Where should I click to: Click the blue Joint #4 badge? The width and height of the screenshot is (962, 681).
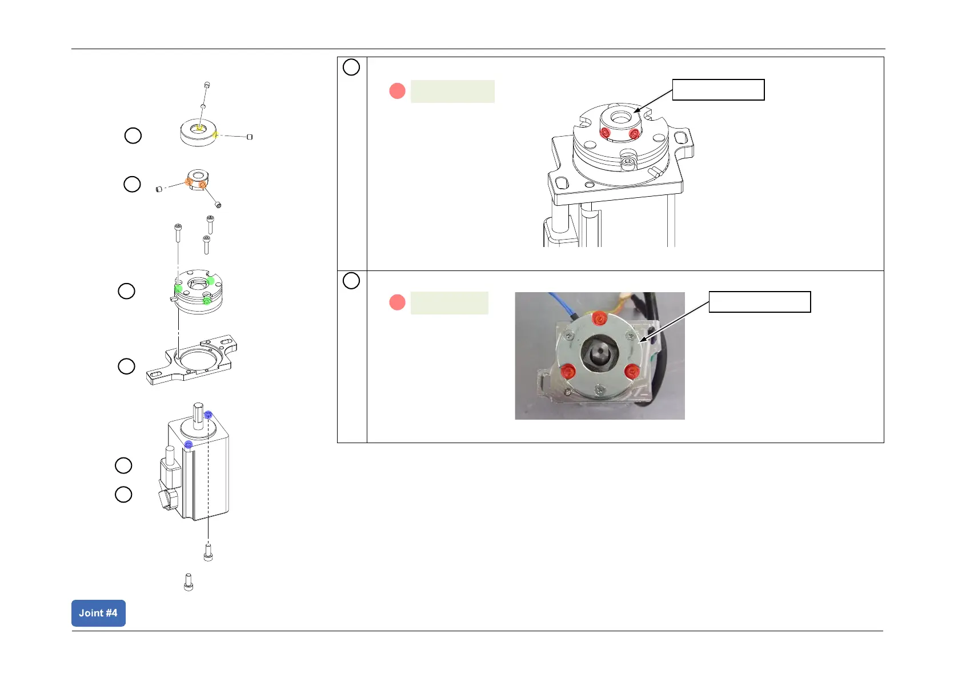coord(98,613)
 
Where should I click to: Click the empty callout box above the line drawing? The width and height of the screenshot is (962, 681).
coord(718,90)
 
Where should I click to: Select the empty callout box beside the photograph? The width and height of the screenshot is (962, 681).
coord(759,302)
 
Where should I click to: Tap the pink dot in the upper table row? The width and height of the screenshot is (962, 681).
coord(397,91)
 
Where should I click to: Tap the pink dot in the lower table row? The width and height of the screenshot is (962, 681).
coord(397,302)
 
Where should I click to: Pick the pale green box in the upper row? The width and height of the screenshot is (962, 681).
coord(452,91)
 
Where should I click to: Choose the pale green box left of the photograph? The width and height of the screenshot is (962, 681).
coord(449,303)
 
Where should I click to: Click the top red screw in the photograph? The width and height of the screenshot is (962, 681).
coord(599,318)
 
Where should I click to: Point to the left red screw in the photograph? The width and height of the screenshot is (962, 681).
coord(567,371)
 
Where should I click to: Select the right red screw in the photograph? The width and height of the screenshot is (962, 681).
coord(631,371)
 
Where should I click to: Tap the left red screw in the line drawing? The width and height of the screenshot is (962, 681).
coord(605,133)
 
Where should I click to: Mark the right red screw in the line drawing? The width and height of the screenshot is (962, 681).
coord(634,134)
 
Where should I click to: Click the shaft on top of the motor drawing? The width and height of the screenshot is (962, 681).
coord(198,415)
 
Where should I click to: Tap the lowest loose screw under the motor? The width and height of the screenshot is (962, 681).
coord(189,582)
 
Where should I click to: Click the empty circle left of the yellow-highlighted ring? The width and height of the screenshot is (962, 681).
coord(133,136)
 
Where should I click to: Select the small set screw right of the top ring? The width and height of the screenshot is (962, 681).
coord(250,137)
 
